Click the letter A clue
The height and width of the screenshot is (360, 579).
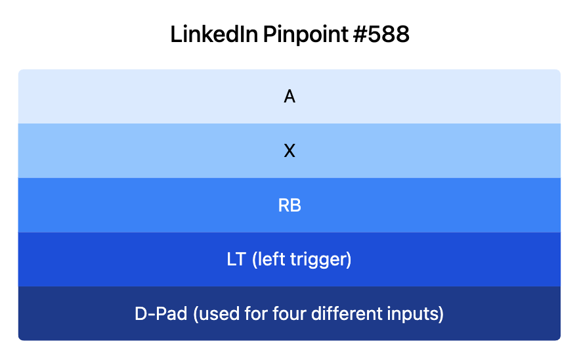click(289, 97)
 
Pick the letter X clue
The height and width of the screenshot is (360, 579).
click(289, 151)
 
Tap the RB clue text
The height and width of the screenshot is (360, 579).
click(289, 206)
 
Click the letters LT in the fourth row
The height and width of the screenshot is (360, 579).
click(236, 259)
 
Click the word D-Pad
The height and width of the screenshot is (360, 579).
click(160, 314)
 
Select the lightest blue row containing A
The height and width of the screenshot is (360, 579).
click(131, 97)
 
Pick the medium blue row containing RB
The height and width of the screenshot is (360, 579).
click(131, 206)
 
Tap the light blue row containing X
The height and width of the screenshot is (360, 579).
click(131, 151)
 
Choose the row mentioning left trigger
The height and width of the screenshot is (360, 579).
click(131, 259)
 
